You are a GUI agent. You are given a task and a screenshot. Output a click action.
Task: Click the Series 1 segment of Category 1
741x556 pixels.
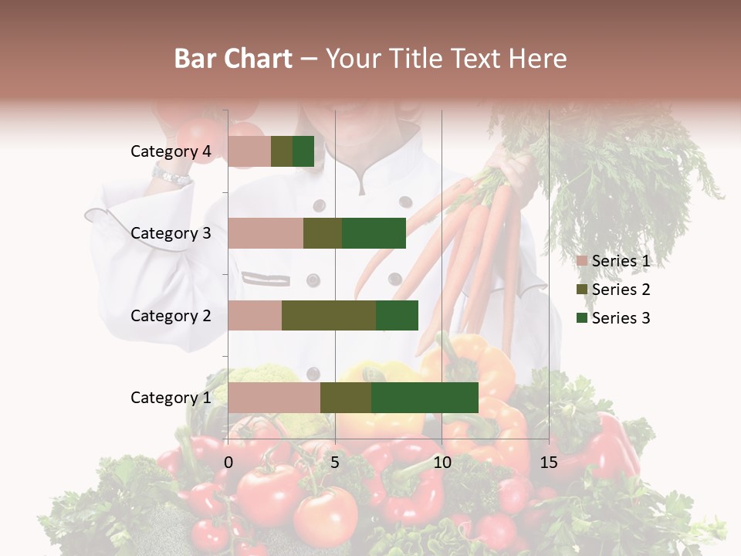click(274, 398)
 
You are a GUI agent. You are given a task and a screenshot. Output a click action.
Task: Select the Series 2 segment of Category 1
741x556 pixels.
click(346, 398)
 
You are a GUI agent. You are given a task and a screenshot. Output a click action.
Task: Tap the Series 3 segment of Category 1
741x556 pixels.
click(425, 398)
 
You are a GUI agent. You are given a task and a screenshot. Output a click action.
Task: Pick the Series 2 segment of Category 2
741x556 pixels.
click(329, 315)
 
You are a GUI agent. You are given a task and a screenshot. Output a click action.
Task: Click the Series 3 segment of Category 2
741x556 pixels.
click(397, 315)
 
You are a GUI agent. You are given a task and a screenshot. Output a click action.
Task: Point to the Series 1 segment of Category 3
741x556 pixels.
click(266, 233)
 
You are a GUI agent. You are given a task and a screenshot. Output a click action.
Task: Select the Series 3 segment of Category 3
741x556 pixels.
click(374, 233)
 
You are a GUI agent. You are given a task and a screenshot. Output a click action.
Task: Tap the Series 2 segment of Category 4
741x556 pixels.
click(282, 151)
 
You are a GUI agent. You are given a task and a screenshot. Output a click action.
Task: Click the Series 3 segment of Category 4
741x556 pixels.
click(303, 151)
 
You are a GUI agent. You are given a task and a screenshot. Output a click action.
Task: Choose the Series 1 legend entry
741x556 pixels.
click(614, 261)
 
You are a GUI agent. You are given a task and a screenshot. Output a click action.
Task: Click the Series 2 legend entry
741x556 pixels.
click(614, 290)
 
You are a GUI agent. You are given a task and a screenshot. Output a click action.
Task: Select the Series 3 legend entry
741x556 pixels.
click(614, 318)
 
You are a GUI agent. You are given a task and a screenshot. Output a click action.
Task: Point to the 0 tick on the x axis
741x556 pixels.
click(228, 463)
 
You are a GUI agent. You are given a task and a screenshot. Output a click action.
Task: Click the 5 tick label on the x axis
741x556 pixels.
click(335, 463)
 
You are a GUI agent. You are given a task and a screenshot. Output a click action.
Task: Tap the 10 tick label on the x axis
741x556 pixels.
click(442, 463)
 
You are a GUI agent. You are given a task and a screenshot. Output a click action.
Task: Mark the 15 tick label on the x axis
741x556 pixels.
click(548, 463)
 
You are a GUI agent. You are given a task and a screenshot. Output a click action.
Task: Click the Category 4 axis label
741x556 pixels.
click(171, 151)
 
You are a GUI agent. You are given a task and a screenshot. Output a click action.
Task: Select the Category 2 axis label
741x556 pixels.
click(171, 315)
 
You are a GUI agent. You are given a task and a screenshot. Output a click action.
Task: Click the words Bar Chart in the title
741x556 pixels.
click(233, 59)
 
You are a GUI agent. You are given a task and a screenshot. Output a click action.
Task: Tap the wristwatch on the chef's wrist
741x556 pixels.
click(171, 177)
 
